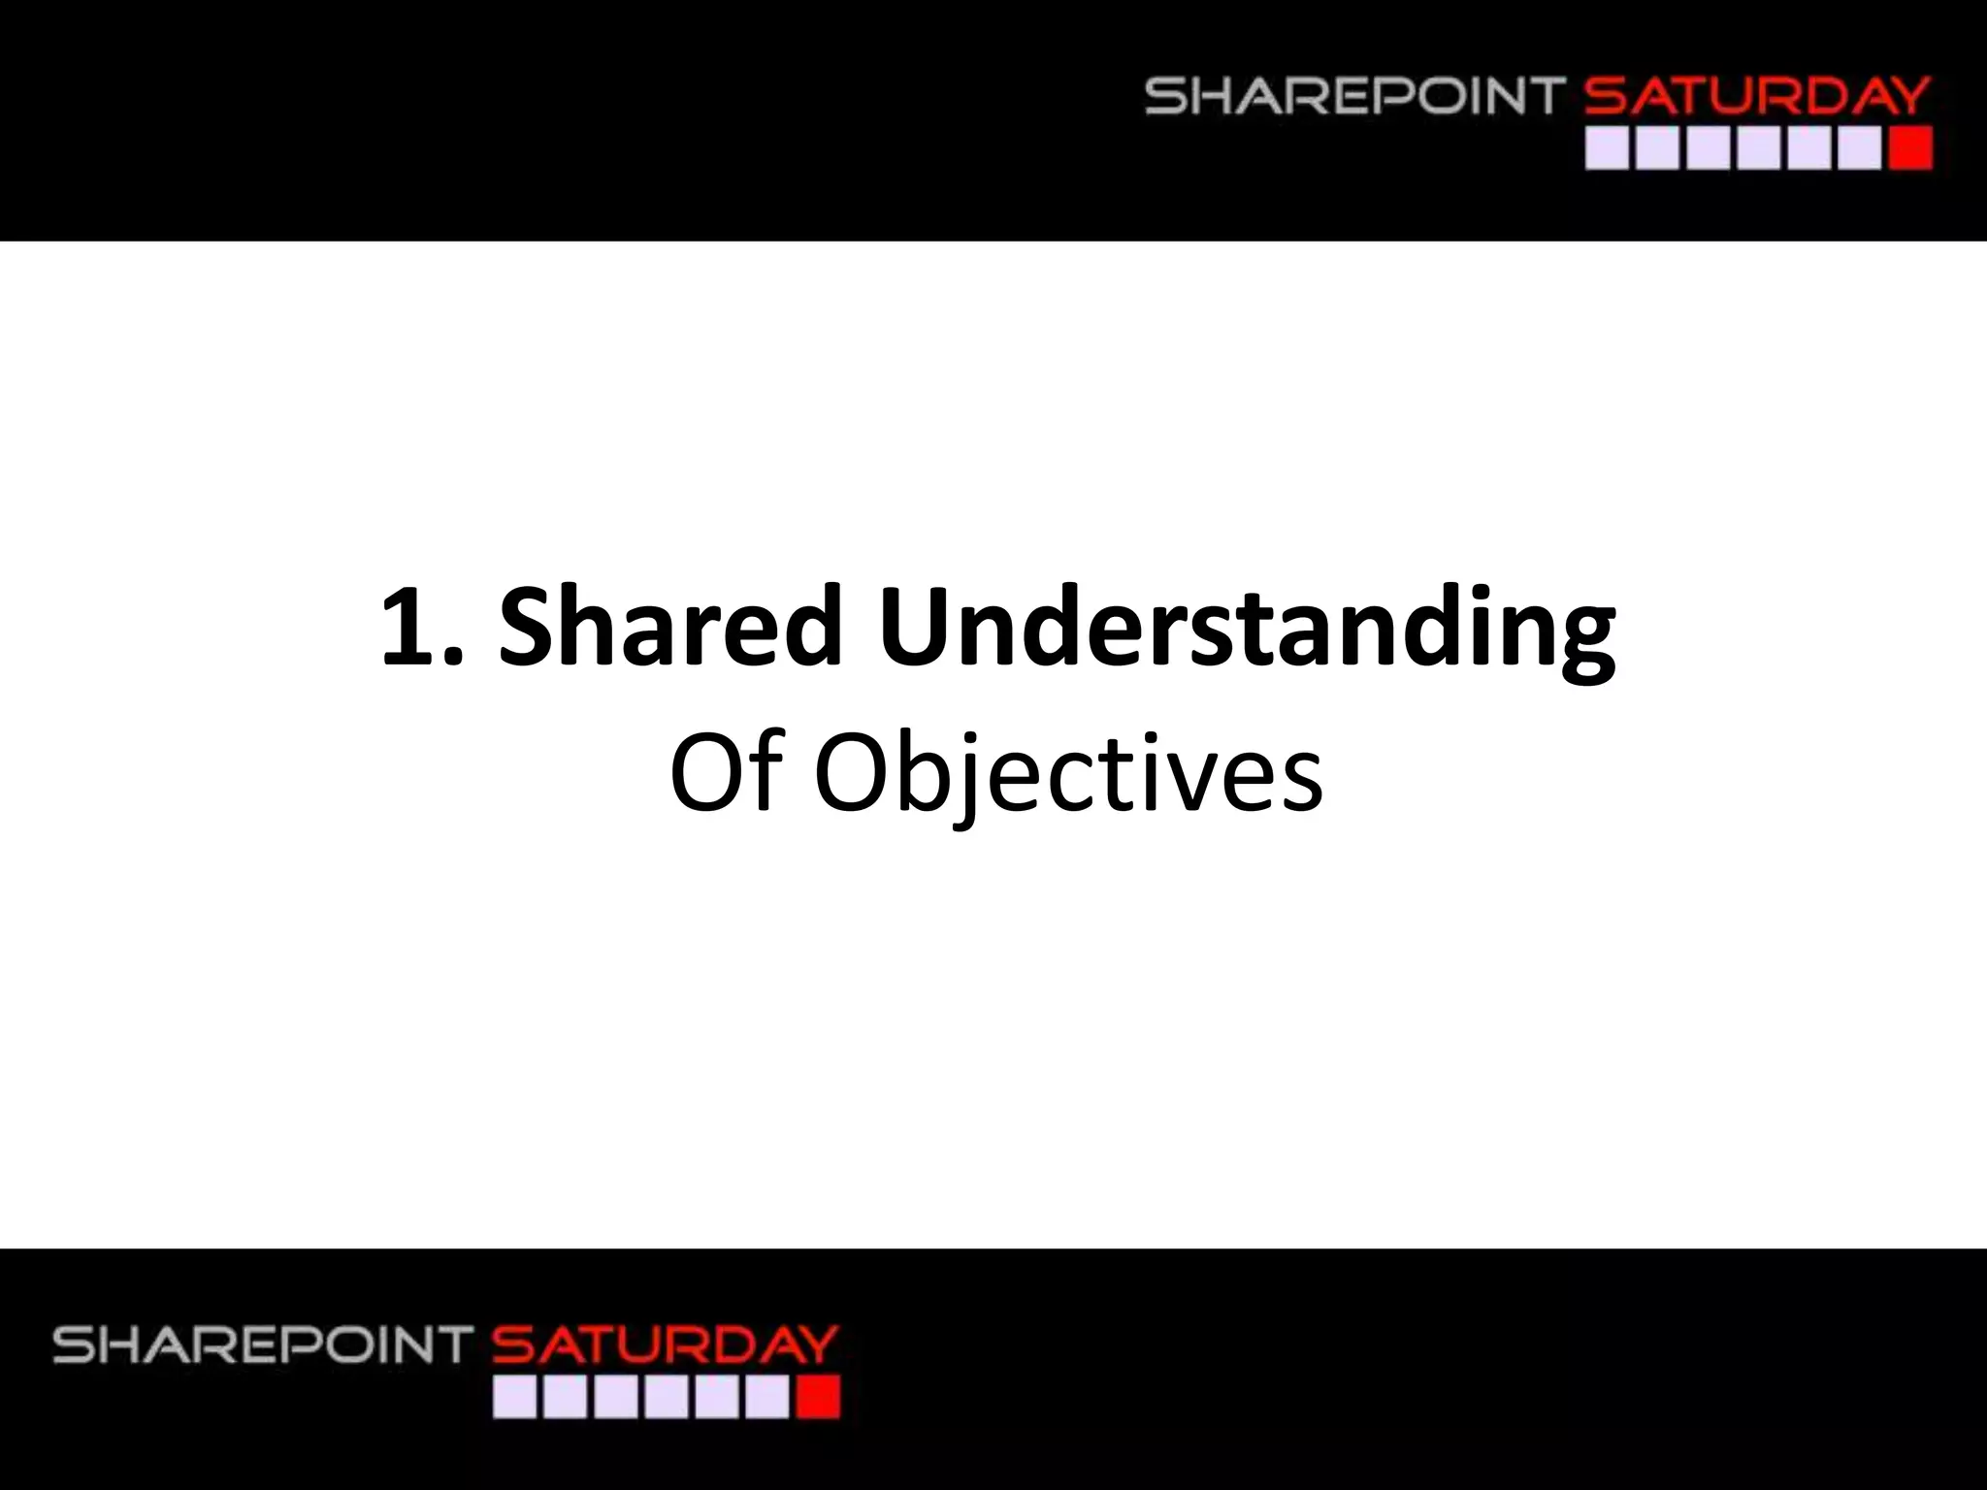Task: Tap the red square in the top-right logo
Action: pos(1911,150)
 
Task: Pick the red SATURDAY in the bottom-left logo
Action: pos(665,1345)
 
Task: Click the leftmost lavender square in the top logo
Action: pos(1607,150)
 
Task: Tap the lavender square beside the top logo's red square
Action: pos(1860,150)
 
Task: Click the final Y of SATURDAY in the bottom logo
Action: pos(817,1345)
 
